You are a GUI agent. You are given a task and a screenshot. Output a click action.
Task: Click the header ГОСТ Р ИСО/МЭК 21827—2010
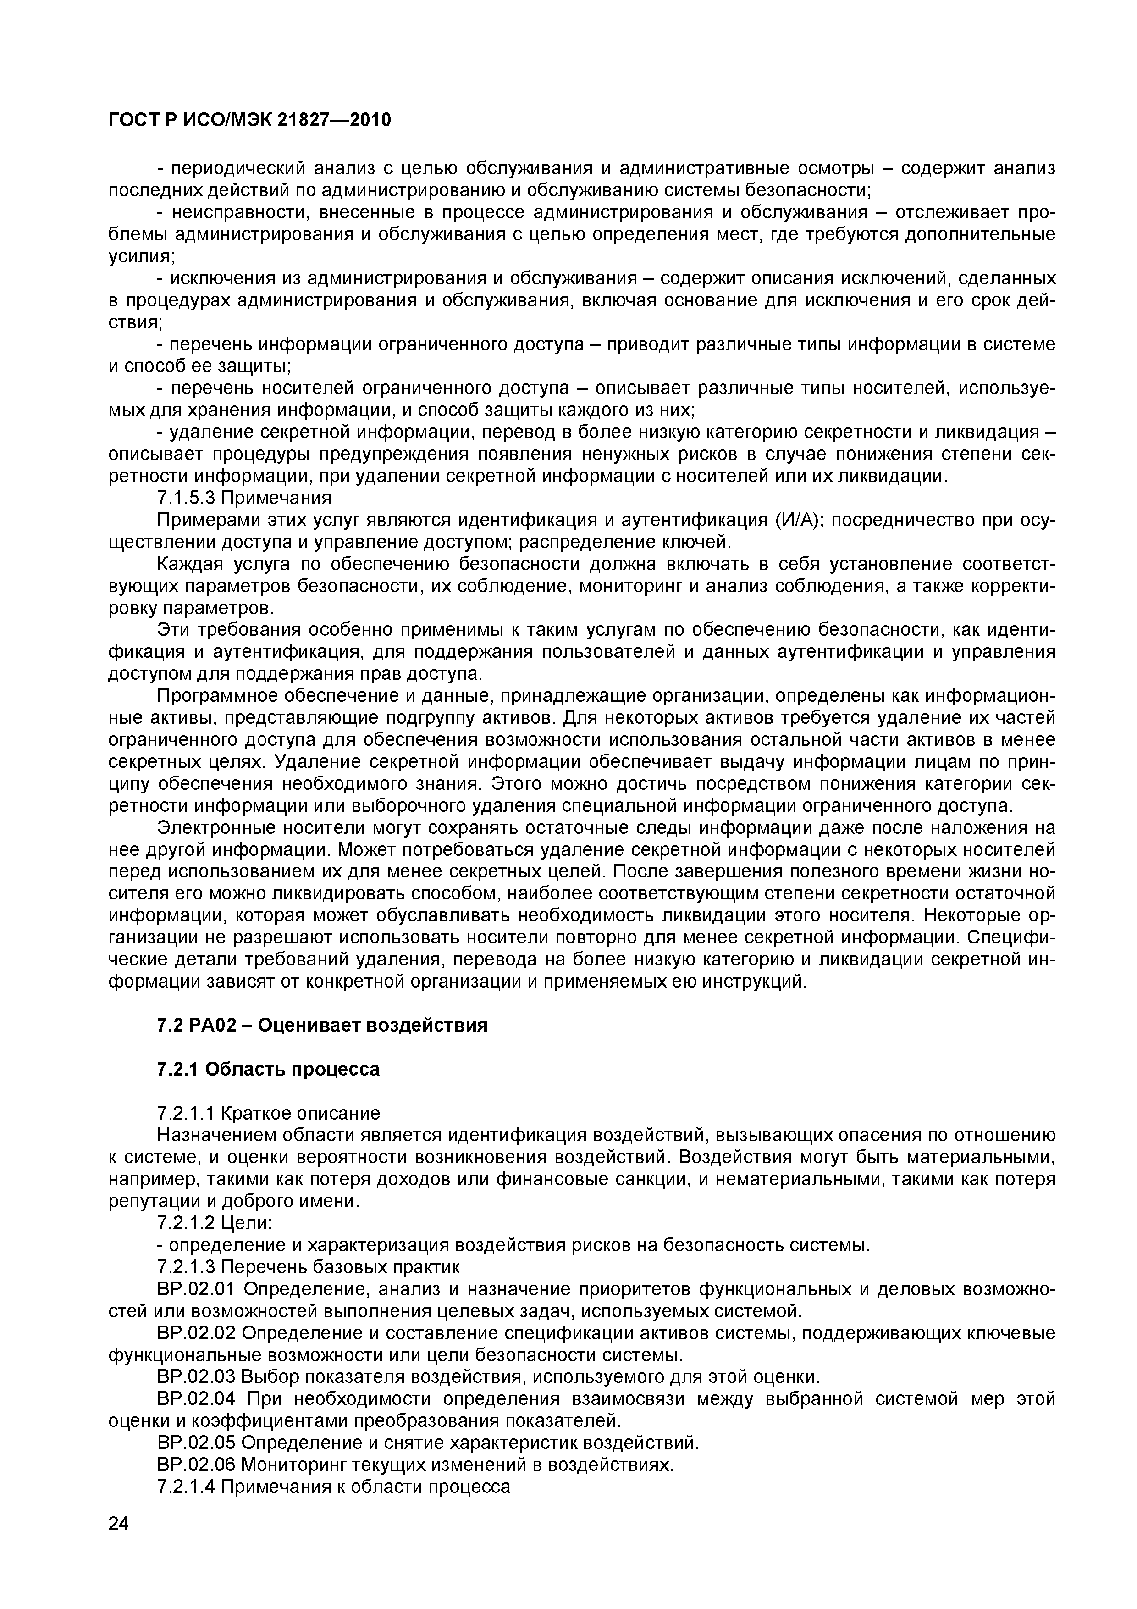249,121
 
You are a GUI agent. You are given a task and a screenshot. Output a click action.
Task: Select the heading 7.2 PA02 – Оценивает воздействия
321,1025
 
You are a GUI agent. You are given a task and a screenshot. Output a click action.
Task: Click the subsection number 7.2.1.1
186,1113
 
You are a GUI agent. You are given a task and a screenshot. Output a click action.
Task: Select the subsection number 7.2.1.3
186,1266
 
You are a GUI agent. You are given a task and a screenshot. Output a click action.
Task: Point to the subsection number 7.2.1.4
186,1487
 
